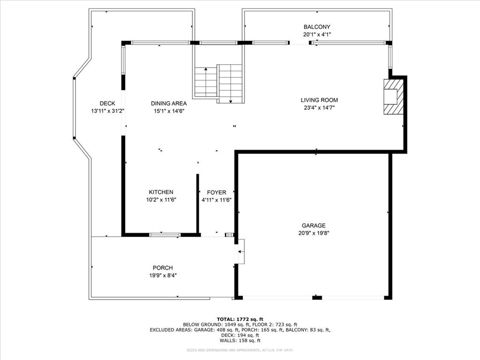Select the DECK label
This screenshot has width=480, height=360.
click(107, 104)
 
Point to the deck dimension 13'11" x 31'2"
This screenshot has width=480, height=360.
click(107, 111)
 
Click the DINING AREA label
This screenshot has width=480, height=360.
click(169, 104)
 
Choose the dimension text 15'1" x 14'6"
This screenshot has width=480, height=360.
click(169, 111)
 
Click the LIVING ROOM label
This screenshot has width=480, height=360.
click(319, 100)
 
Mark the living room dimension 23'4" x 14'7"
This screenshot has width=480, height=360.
click(319, 107)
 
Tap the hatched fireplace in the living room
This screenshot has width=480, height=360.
click(393, 97)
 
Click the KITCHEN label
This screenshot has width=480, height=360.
click(161, 192)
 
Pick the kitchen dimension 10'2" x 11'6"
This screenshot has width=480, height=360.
click(161, 200)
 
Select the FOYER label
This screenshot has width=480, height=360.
click(217, 192)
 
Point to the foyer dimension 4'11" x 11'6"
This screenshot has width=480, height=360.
click(217, 200)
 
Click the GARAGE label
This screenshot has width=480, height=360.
click(314, 225)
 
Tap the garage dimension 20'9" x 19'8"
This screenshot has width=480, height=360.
click(314, 233)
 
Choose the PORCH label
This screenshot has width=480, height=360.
click(163, 268)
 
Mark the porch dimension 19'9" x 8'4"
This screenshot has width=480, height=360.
click(163, 275)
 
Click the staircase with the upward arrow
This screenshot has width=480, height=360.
click(206, 82)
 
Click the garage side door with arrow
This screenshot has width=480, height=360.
click(240, 252)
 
